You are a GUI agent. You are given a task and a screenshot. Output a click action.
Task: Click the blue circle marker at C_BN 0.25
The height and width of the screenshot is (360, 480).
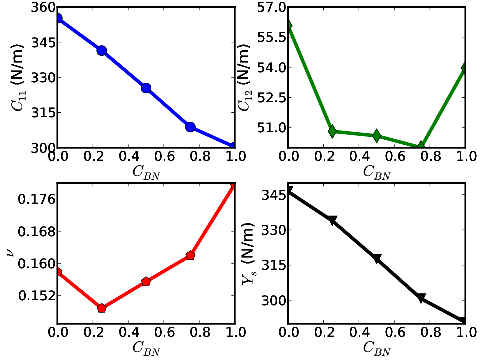pyautogui.click(x=102, y=51)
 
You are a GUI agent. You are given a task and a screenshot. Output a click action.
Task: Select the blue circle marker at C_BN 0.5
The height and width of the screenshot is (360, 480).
pyautogui.click(x=146, y=88)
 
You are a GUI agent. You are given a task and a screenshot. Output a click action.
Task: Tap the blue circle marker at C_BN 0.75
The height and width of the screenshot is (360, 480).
pyautogui.click(x=190, y=127)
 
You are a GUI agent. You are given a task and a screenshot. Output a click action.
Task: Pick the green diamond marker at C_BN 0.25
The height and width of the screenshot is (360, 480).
pyautogui.click(x=332, y=131)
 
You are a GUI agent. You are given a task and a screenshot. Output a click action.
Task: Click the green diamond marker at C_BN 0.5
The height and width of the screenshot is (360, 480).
pyautogui.click(x=377, y=136)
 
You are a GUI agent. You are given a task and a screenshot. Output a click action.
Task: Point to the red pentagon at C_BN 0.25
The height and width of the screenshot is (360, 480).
pyautogui.click(x=102, y=308)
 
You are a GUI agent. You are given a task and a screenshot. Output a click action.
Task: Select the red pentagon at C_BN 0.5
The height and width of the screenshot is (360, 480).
pyautogui.click(x=146, y=281)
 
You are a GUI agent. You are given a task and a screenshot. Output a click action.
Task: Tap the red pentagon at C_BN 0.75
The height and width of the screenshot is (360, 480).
pyautogui.click(x=190, y=255)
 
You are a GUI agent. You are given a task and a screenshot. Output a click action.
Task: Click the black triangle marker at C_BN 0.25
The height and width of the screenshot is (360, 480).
pyautogui.click(x=332, y=220)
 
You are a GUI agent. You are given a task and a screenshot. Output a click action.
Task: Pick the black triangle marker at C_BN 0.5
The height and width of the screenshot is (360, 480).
pyautogui.click(x=377, y=258)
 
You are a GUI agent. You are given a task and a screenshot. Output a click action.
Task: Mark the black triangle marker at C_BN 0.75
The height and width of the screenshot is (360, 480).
pyautogui.click(x=421, y=298)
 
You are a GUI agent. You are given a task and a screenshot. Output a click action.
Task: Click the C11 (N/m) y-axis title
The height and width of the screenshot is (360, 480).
pyautogui.click(x=18, y=77)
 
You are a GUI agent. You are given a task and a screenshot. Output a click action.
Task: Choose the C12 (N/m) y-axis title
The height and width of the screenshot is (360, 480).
pyautogui.click(x=244, y=77)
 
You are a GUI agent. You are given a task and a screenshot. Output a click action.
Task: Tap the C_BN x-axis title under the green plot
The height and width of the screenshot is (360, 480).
pyautogui.click(x=377, y=173)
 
